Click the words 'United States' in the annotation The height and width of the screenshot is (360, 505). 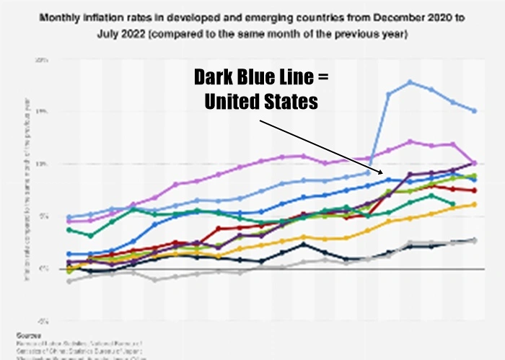pos(261,102)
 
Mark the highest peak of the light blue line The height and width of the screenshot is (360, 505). pos(410,82)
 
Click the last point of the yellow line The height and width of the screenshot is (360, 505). pos(474,204)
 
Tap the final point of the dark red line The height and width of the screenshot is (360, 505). pos(474,190)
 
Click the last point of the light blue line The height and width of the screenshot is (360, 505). pos(474,110)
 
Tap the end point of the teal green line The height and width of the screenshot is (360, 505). pos(452,204)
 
